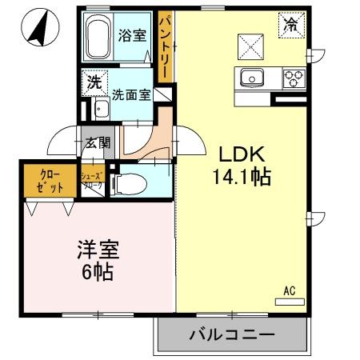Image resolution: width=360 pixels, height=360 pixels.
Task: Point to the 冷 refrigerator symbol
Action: (289, 26)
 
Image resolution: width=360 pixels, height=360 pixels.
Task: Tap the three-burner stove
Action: (292, 78)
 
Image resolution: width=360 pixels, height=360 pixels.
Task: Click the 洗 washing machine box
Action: (94, 82)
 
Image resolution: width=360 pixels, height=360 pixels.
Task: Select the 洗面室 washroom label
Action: (131, 94)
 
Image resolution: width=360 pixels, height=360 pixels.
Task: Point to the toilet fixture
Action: (127, 184)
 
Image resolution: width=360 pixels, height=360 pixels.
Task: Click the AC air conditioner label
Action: (289, 291)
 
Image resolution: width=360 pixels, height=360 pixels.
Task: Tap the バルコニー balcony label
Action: (231, 334)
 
